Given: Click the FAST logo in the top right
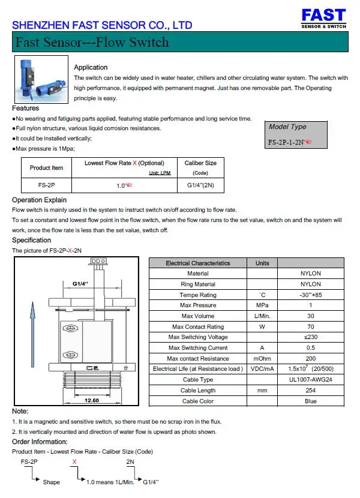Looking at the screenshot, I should point(323,19).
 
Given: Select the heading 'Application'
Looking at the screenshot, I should point(91,67).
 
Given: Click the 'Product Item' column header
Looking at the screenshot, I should point(46,167).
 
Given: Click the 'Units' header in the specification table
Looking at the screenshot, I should point(262,263).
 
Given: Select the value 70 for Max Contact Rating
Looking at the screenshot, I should point(310,326).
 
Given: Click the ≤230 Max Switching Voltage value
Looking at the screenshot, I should point(310,337).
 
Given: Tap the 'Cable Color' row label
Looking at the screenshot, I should point(198,401).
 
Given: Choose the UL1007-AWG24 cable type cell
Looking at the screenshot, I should point(310,380).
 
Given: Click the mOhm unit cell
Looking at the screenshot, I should point(262,358).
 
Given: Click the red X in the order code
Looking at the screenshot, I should point(74,461).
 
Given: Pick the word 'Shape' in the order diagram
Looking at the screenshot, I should point(52,482).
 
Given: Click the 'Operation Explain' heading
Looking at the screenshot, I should point(39,200).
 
